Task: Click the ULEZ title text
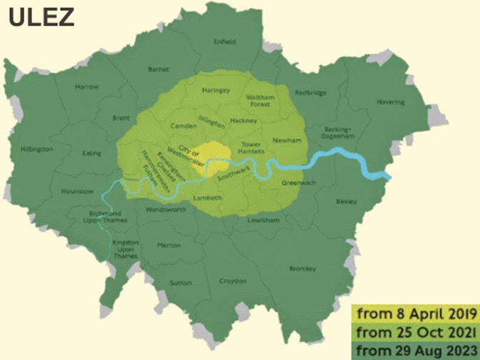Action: tap(41, 17)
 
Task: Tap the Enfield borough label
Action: tap(224, 42)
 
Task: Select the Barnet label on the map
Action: tap(158, 70)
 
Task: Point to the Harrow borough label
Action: tap(87, 87)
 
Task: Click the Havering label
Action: tap(410, 102)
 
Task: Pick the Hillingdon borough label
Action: tap(37, 149)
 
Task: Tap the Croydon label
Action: tap(232, 281)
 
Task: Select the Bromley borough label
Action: tap(303, 269)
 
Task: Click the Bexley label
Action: tap(346, 202)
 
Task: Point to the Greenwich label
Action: tap(293, 183)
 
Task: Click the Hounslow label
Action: tap(77, 191)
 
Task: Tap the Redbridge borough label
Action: tap(311, 92)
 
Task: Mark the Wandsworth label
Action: tap(165, 210)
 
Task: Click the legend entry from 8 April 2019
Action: tap(413, 313)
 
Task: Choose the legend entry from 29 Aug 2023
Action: tap(413, 350)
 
